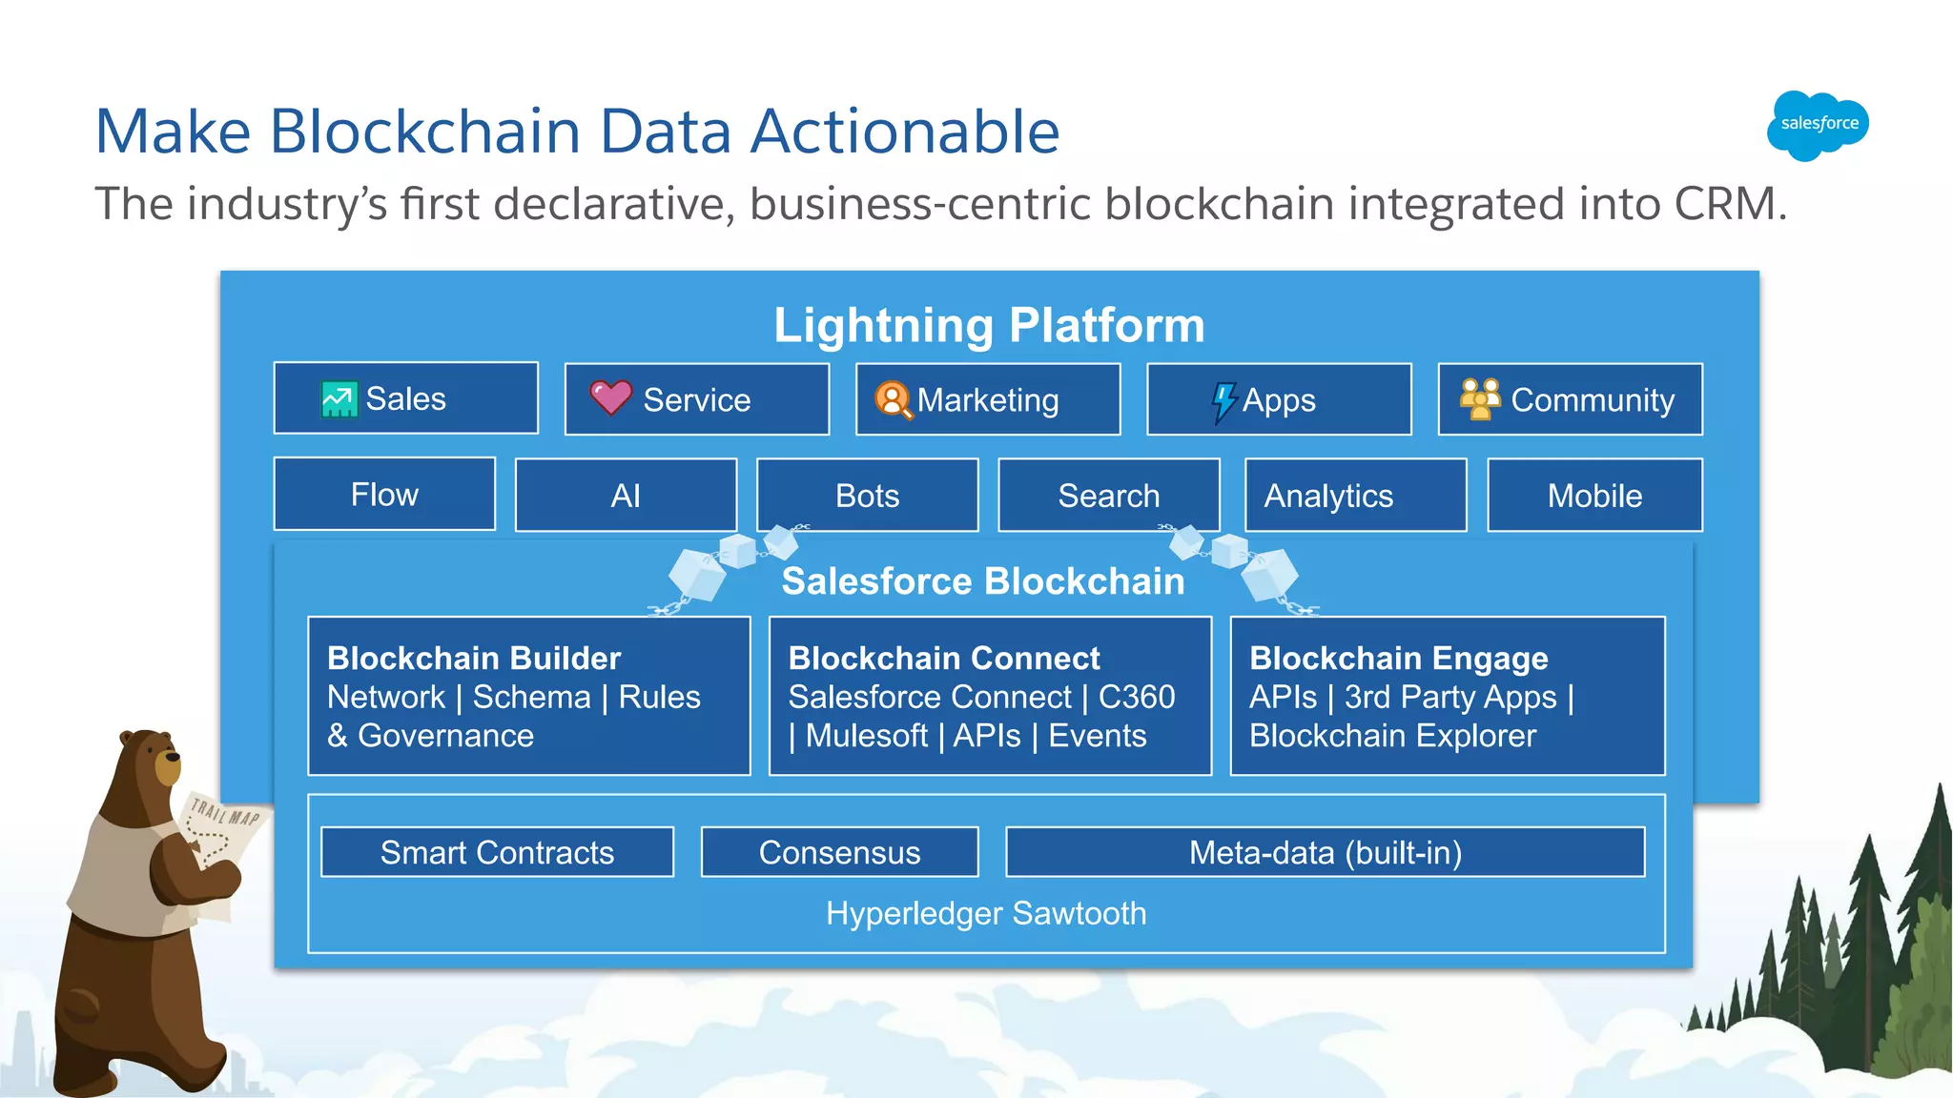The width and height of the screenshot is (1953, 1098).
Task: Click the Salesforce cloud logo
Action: (x=1818, y=125)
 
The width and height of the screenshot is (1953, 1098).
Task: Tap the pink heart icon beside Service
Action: (x=610, y=397)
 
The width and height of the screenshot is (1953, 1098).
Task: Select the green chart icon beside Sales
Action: (x=339, y=399)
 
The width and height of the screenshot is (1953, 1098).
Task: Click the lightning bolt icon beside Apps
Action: (x=1223, y=401)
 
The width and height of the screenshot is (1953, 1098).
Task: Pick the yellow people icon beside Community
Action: (x=1480, y=398)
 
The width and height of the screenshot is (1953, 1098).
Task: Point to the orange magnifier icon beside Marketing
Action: (x=894, y=400)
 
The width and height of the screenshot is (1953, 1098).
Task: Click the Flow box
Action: (x=384, y=495)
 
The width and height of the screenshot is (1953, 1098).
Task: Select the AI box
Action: (x=626, y=496)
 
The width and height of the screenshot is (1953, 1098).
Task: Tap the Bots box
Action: (x=867, y=496)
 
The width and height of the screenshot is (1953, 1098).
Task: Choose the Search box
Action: (x=1108, y=496)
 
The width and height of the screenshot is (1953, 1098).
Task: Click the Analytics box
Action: (x=1355, y=496)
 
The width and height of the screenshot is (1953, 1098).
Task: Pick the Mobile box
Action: (x=1594, y=496)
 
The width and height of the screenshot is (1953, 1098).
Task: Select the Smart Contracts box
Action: (x=497, y=852)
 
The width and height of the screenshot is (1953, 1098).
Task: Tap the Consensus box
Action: (x=839, y=852)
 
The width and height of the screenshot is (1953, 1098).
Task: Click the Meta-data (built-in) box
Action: (x=1325, y=852)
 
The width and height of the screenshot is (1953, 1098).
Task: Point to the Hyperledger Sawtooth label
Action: (x=986, y=913)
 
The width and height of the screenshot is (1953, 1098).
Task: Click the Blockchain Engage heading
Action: (x=1398, y=658)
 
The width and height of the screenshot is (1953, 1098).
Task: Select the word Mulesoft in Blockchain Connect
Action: (x=866, y=736)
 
